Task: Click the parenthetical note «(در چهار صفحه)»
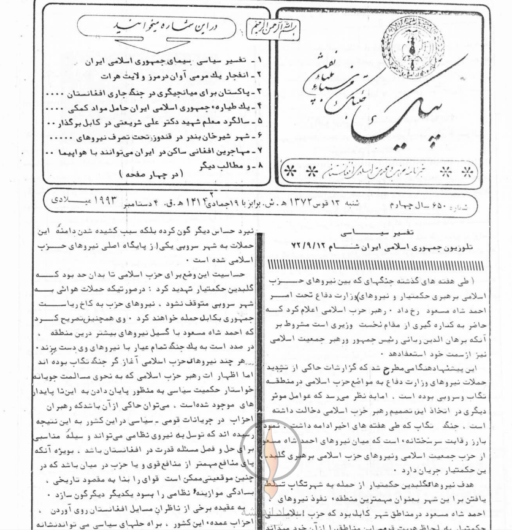[x=142, y=175]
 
